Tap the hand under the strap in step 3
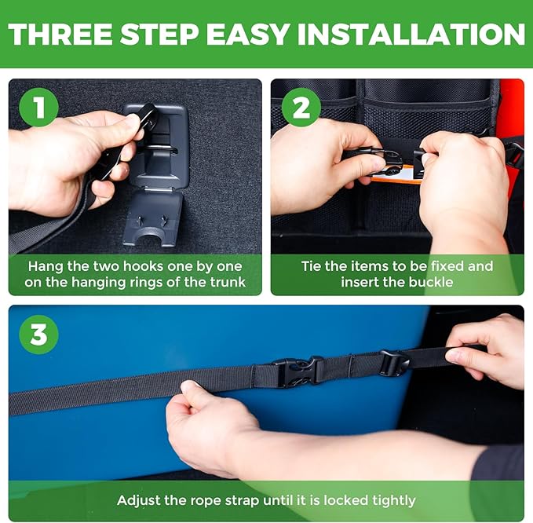click(208, 424)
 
